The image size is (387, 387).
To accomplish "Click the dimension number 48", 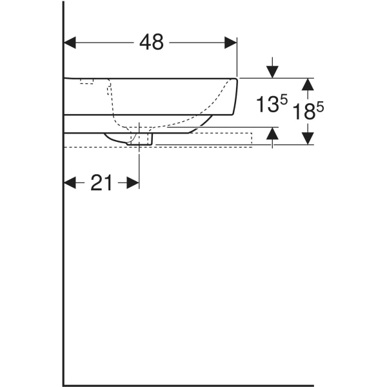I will [x=152, y=43].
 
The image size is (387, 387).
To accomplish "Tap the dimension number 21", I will [x=101, y=183].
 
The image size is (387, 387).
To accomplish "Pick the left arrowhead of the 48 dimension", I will [x=70, y=43].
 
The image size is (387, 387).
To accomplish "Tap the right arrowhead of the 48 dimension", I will [x=231, y=43].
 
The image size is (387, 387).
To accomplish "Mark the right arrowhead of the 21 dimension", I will [x=133, y=183].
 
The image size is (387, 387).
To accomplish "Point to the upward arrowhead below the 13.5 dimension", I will [x=273, y=134].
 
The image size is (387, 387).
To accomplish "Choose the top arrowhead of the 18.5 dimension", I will [x=308, y=84].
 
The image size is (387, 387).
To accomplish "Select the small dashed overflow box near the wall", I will [x=86, y=81].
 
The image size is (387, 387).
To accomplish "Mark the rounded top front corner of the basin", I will [x=235, y=81].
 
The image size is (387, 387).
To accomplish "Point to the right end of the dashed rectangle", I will [x=252, y=140].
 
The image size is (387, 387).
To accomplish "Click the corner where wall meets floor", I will [x=63, y=385].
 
